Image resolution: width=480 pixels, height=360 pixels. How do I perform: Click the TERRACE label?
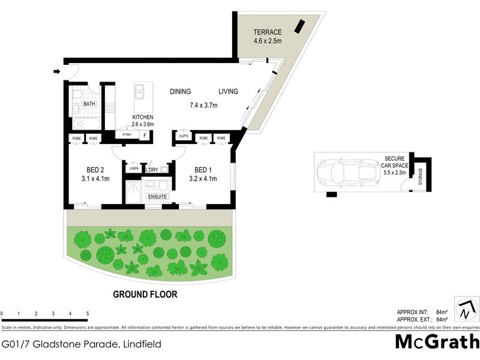click(x=267, y=32)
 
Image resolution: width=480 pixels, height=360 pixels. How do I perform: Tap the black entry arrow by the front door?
click(x=57, y=72)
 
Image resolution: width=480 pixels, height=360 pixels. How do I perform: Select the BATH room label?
click(x=89, y=104)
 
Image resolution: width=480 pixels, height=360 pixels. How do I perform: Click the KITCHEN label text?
click(x=143, y=117)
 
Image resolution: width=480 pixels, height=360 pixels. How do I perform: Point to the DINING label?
click(x=180, y=92)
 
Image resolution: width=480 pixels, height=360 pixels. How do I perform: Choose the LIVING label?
click(x=228, y=92)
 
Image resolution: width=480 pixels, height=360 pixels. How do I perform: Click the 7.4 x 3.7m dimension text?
click(x=203, y=106)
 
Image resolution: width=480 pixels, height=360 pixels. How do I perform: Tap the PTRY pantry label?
click(x=127, y=135)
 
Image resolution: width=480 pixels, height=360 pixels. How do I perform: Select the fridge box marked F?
click(x=144, y=135)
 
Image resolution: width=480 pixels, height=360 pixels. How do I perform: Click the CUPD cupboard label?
click(x=184, y=138)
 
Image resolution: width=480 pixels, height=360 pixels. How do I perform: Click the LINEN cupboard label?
click(x=133, y=169)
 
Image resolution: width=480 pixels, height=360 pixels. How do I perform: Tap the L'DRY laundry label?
click(x=152, y=169)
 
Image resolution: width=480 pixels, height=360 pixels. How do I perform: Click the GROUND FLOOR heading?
click(x=146, y=295)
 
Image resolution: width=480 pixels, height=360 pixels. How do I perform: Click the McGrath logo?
click(x=437, y=342)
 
